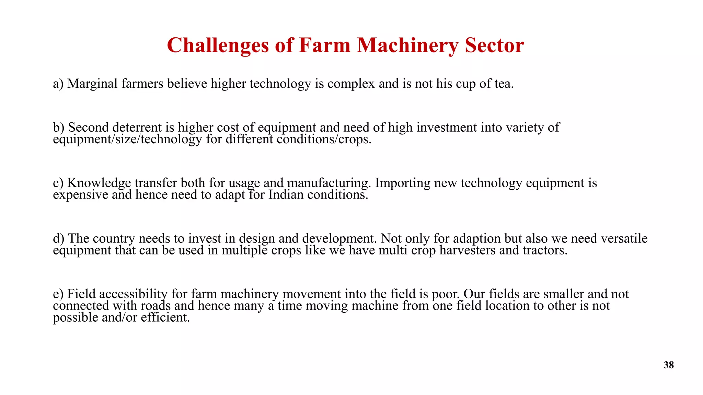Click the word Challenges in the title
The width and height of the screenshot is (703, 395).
[218, 45]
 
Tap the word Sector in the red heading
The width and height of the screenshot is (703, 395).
[494, 45]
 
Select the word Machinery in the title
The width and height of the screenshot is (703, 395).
[407, 45]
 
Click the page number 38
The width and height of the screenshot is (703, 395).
[669, 365]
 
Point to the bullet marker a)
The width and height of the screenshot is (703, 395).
[58, 84]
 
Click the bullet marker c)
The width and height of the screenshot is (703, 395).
[58, 183]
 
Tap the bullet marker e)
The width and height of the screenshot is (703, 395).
[58, 294]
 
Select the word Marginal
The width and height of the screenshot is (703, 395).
[92, 84]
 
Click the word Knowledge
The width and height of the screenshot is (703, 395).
[99, 183]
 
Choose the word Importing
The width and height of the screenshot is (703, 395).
[402, 183]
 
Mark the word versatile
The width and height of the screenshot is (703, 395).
[624, 239]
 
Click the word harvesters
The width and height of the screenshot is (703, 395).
[468, 250]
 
